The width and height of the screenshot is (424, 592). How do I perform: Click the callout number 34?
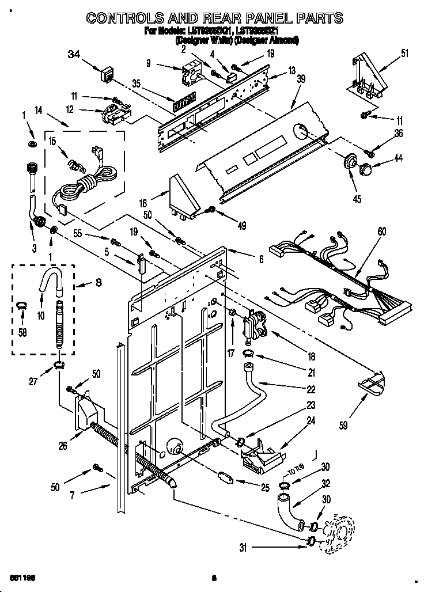(x=74, y=55)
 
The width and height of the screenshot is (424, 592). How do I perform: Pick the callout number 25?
(x=265, y=488)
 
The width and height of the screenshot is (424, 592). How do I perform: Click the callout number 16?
(x=143, y=203)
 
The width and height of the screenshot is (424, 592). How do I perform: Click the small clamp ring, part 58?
(x=21, y=305)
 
